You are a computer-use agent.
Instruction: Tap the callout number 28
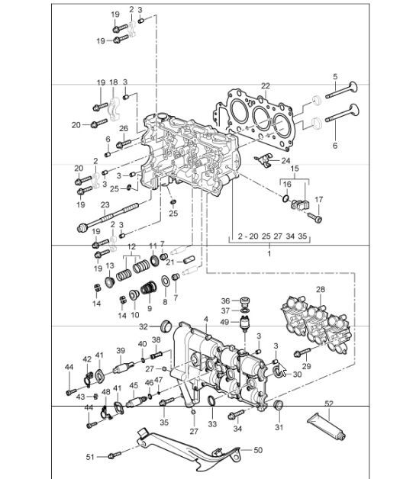pyautogui.click(x=320, y=290)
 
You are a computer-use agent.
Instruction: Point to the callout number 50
pyautogui.click(x=257, y=451)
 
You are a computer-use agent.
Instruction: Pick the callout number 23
pyautogui.click(x=105, y=204)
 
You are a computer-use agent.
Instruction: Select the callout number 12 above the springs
pyautogui.click(x=131, y=246)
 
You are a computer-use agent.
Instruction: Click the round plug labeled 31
pyautogui.click(x=279, y=403)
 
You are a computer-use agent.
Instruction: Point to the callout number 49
pyautogui.click(x=225, y=321)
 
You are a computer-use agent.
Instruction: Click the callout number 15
pyautogui.click(x=294, y=168)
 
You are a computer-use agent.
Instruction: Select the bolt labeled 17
pyautogui.click(x=318, y=219)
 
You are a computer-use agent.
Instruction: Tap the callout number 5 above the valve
pyautogui.click(x=334, y=76)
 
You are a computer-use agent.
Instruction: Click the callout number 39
pyautogui.click(x=121, y=350)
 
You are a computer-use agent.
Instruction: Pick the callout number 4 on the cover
pyautogui.click(x=205, y=317)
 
